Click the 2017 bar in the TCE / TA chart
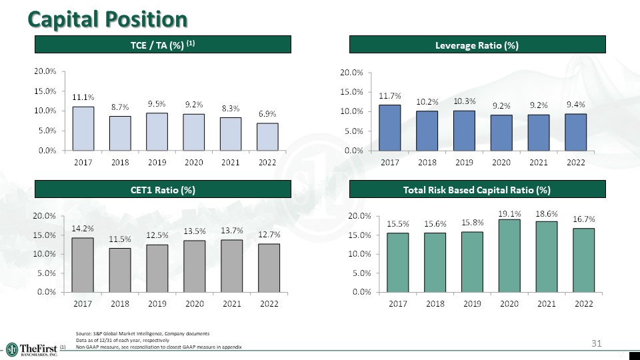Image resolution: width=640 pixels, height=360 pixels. pyautogui.click(x=83, y=129)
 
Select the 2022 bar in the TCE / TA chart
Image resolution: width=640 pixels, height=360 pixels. pyautogui.click(x=269, y=137)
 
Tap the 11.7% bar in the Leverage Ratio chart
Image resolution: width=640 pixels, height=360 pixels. pyautogui.click(x=389, y=127)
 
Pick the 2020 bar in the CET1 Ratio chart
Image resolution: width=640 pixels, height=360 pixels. pyautogui.click(x=195, y=266)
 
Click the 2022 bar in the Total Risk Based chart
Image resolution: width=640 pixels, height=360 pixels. pyautogui.click(x=583, y=260)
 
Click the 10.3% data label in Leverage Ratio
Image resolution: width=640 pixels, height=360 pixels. pyautogui.click(x=464, y=101)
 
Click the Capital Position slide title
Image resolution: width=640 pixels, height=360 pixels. pyautogui.click(x=107, y=19)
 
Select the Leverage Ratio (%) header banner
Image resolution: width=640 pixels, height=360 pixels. pyautogui.click(x=477, y=45)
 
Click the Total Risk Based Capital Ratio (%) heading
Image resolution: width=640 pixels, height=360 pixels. pyautogui.click(x=477, y=190)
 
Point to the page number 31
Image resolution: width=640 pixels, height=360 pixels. pyautogui.click(x=597, y=343)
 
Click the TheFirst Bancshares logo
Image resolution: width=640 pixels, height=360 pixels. pyautogui.click(x=32, y=349)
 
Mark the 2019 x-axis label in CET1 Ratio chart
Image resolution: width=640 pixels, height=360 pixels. pyautogui.click(x=157, y=304)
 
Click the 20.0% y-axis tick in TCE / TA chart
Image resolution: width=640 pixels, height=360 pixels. pyautogui.click(x=46, y=71)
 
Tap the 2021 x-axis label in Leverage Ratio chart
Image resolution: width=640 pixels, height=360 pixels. pyautogui.click(x=539, y=162)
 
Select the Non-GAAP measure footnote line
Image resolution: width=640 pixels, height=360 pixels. pyautogui.click(x=159, y=347)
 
